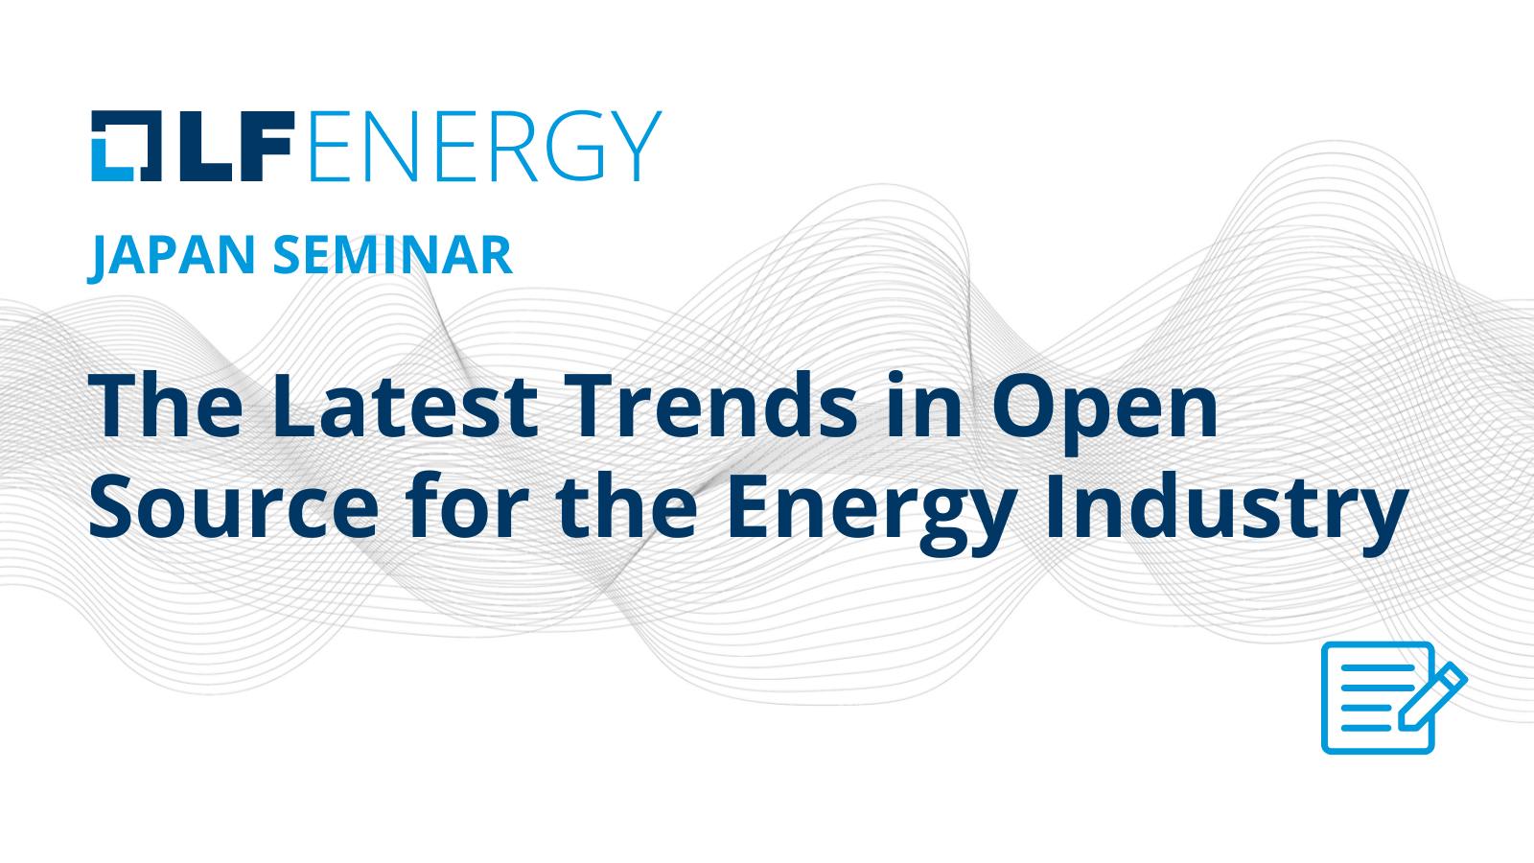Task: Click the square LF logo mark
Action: [x=127, y=146]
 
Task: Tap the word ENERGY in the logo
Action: [x=485, y=146]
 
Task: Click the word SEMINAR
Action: [x=393, y=255]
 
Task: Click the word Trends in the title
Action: [x=710, y=407]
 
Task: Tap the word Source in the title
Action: [x=234, y=507]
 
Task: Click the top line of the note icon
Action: [x=1377, y=667]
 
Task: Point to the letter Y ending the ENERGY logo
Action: [x=637, y=146]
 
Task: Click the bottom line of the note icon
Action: [x=1366, y=728]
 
